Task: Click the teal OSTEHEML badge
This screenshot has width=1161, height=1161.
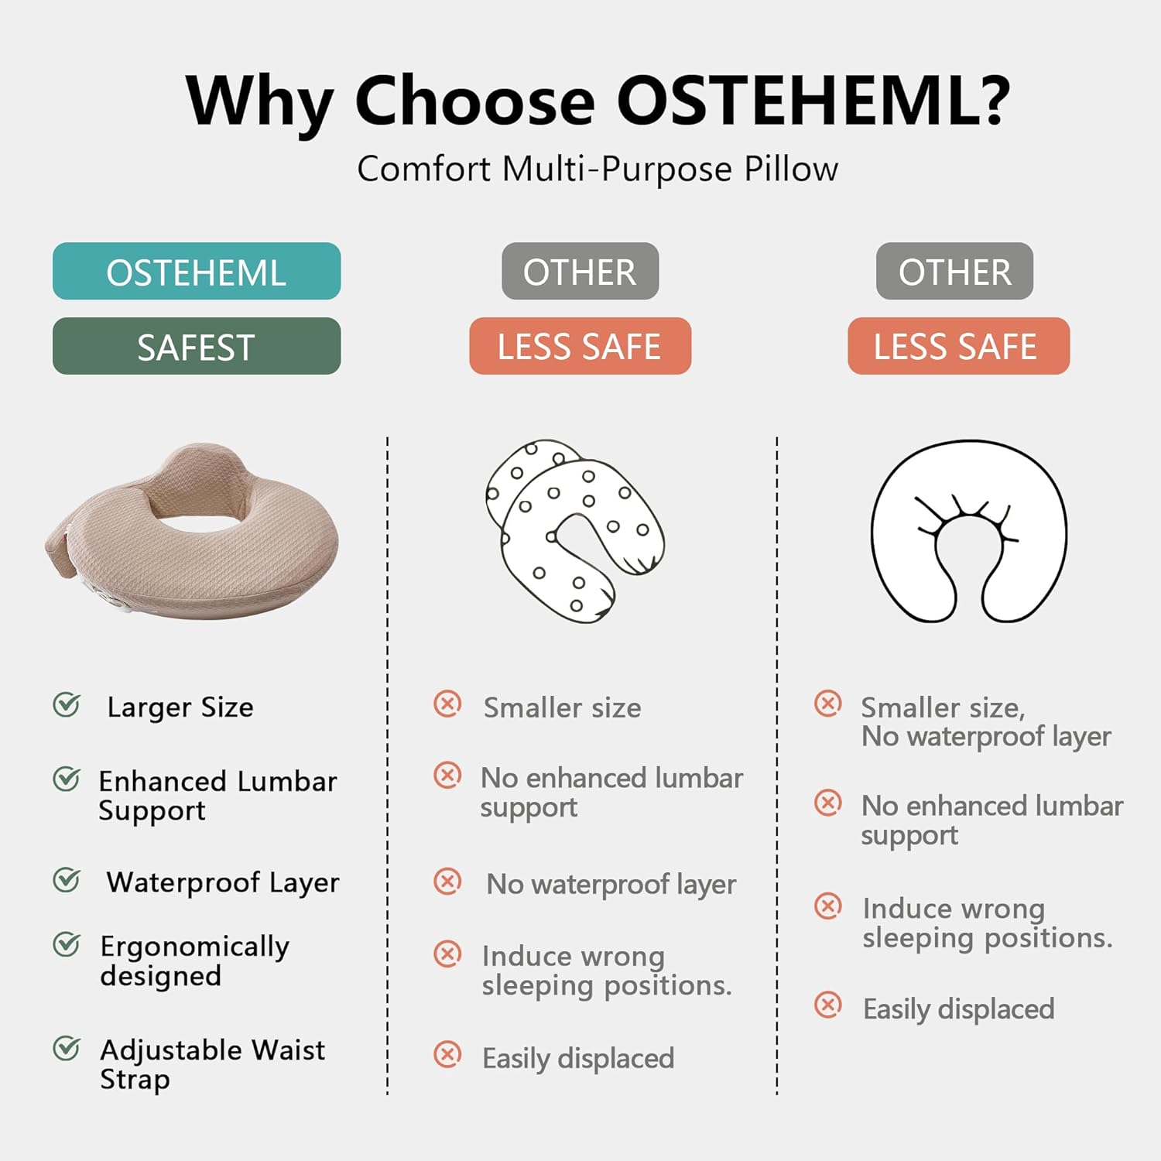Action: [x=197, y=271]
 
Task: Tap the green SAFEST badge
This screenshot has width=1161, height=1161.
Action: [x=197, y=346]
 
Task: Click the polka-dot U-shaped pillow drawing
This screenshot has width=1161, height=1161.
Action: [x=575, y=532]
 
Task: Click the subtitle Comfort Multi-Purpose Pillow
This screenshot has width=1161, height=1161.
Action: [x=598, y=170]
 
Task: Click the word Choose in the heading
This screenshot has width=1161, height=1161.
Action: [x=475, y=101]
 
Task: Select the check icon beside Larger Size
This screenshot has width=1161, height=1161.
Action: [x=67, y=704]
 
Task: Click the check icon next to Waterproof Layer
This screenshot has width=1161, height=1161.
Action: [x=67, y=879]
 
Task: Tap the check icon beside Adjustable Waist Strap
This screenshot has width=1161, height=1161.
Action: [x=67, y=1048]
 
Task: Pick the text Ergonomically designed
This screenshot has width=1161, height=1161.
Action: [x=194, y=961]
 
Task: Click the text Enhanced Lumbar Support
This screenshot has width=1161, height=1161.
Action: [x=217, y=796]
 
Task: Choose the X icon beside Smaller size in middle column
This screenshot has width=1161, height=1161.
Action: [x=447, y=704]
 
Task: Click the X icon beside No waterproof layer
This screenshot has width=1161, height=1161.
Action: [x=447, y=881]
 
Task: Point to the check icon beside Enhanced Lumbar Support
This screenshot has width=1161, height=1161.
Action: [x=67, y=779]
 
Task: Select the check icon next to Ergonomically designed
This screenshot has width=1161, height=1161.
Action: [x=67, y=944]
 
